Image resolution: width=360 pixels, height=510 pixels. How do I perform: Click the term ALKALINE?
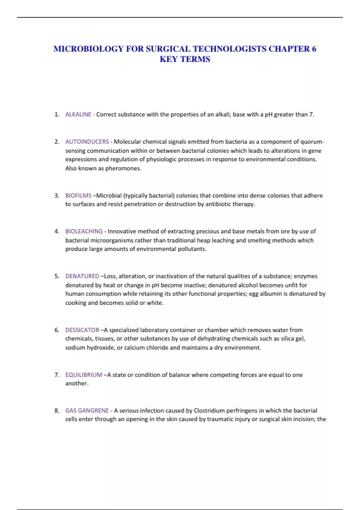pyautogui.click(x=78, y=114)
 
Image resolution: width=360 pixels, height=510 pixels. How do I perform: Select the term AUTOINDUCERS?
pyautogui.click(x=87, y=142)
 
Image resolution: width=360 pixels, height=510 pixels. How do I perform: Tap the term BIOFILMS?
pyautogui.click(x=78, y=196)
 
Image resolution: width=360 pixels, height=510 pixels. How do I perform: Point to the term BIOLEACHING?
pyautogui.click(x=84, y=231)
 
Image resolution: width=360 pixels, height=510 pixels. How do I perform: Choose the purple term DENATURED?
pyautogui.click(x=82, y=276)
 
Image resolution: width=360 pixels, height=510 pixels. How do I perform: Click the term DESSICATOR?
pyautogui.click(x=82, y=330)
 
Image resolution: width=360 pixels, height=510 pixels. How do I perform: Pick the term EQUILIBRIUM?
pyautogui.click(x=84, y=375)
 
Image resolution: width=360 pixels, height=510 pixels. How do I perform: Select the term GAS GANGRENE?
pyautogui.click(x=87, y=410)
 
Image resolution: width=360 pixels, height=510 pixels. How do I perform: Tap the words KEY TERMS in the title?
pyautogui.click(x=185, y=59)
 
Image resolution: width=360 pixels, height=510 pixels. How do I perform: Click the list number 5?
pyautogui.click(x=57, y=276)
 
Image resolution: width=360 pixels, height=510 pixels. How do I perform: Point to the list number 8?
pyautogui.click(x=57, y=411)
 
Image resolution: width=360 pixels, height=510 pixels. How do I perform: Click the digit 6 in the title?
pyautogui.click(x=314, y=49)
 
